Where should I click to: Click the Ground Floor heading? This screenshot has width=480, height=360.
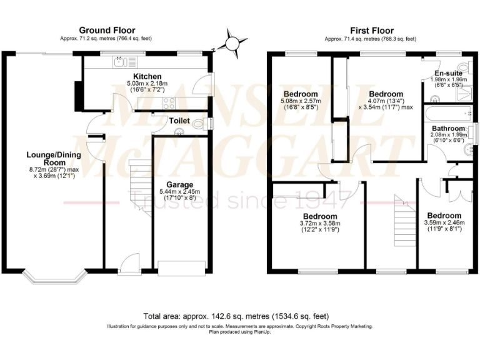coord(106,30)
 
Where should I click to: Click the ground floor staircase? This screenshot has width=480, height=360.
coord(139,187)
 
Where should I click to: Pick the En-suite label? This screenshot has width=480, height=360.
coord(449,72)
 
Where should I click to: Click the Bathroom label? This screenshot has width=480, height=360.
coord(447,128)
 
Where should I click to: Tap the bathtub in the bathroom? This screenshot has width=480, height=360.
coord(444,113)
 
